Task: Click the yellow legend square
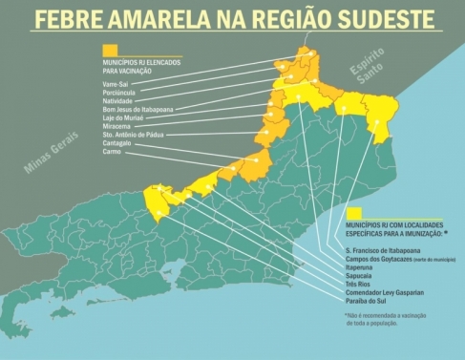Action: [354, 211]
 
